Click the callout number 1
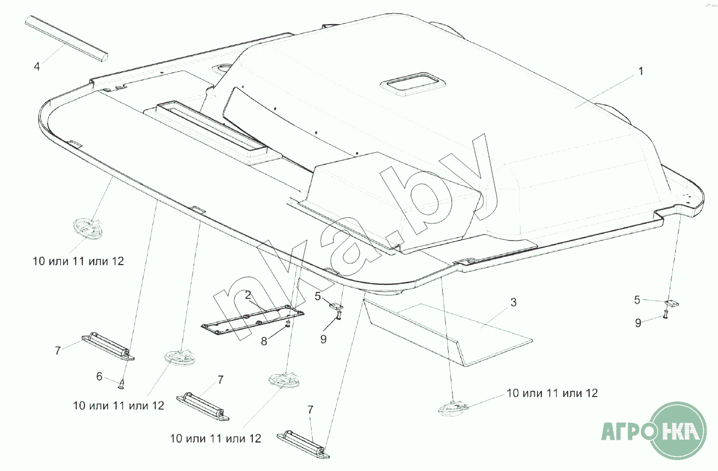641,71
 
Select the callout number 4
37,67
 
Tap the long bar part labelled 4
66,38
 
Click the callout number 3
513,302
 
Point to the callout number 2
248,295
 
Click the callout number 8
264,341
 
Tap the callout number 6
99,377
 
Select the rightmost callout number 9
638,323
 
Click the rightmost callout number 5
637,300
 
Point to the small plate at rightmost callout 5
671,303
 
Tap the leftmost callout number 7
58,351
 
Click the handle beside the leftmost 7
108,347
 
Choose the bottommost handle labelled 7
303,445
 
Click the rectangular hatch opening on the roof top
412,84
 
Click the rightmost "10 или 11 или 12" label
552,393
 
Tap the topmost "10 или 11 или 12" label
78,261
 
